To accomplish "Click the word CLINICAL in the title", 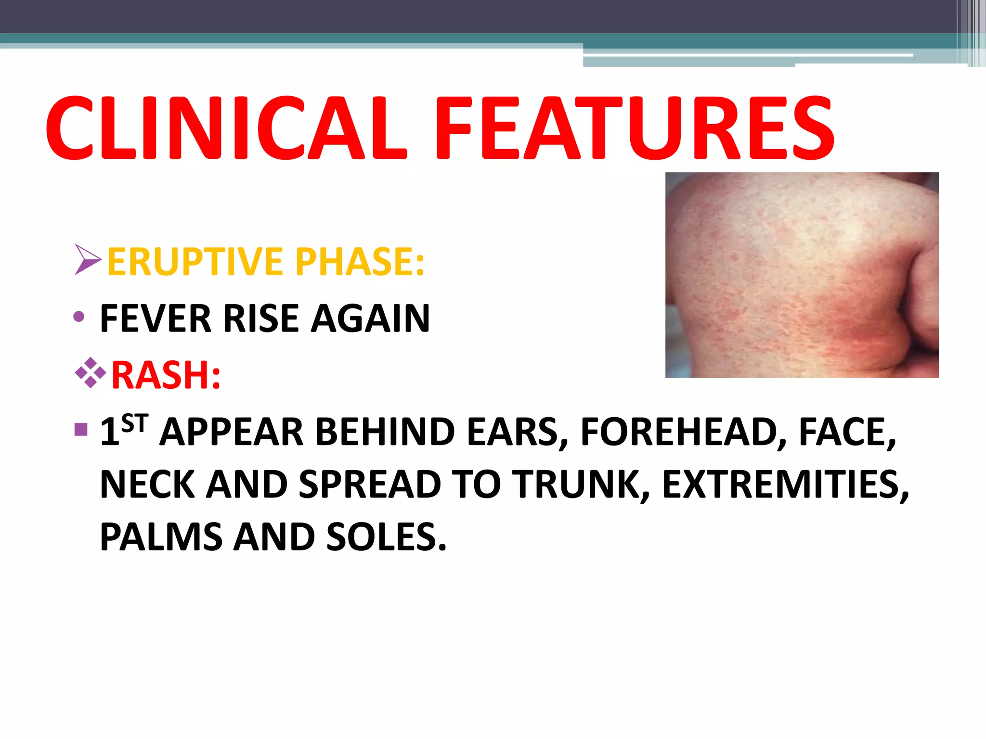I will click(x=226, y=128).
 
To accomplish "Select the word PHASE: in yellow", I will click(x=360, y=262).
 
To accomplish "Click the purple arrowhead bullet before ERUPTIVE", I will click(x=88, y=260).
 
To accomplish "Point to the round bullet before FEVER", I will click(x=79, y=317).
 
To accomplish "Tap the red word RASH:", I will click(x=166, y=375).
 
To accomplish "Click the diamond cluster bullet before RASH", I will click(x=91, y=373).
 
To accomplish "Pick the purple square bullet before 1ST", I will click(x=81, y=429).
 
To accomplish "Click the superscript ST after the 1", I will click(x=134, y=424).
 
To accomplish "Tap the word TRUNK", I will click(x=581, y=484).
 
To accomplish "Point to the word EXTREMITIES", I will click(x=785, y=484).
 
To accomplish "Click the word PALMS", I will click(x=161, y=537).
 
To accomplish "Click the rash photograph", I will click(x=802, y=275).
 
